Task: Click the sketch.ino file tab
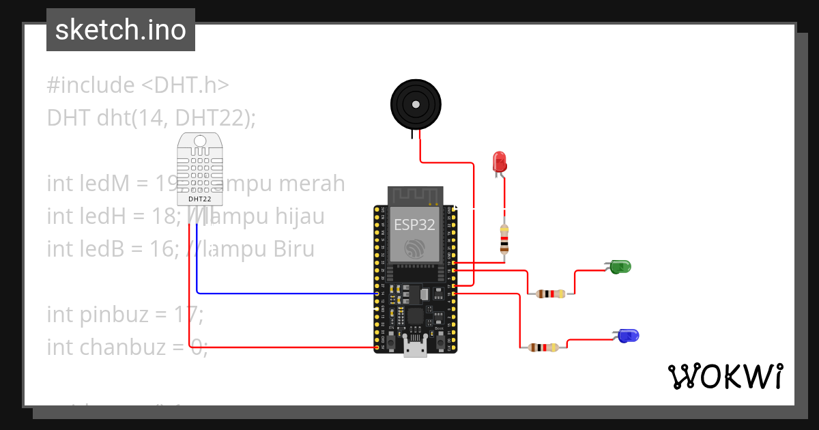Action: click(121, 30)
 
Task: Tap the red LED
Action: click(500, 162)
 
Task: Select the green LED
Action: click(620, 267)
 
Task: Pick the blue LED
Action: click(627, 335)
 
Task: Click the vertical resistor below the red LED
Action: click(504, 238)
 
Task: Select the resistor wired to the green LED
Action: click(551, 294)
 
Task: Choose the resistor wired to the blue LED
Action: click(543, 347)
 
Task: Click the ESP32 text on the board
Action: click(414, 224)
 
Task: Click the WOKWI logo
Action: click(725, 377)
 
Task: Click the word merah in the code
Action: click(312, 184)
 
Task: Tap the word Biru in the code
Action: click(293, 249)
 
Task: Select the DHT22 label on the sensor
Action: click(200, 199)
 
